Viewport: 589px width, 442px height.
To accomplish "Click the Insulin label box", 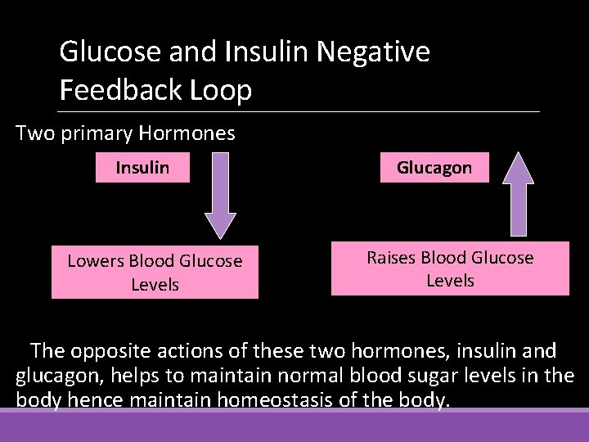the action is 142,168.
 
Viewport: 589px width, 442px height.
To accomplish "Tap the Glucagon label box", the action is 434,168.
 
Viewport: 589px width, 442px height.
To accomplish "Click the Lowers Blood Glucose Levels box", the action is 155,273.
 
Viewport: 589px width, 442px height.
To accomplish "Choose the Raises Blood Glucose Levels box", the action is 450,268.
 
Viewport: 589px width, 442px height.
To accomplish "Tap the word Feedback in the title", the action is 124,91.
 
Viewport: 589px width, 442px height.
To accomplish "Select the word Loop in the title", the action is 223,91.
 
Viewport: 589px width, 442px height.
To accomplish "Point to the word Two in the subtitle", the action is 34,133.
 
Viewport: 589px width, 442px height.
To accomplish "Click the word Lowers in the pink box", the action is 92,261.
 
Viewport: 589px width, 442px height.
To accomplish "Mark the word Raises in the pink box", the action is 391,258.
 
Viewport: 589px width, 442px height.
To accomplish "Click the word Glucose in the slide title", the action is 110,52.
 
